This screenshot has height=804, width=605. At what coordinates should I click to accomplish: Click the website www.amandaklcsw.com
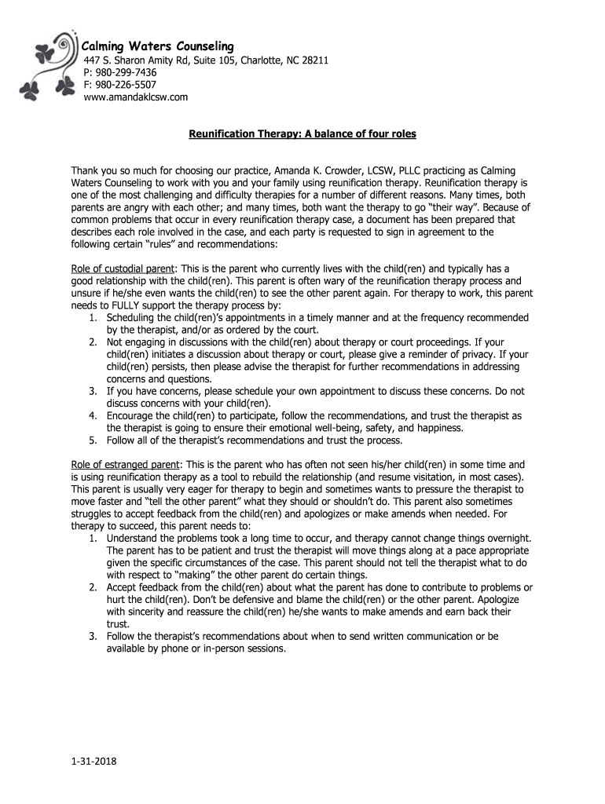click(136, 97)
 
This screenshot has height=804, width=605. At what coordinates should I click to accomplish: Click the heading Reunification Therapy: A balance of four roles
click(302, 134)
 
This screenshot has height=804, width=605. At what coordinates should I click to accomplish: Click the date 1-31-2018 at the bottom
click(92, 761)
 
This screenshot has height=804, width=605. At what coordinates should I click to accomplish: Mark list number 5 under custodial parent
click(92, 439)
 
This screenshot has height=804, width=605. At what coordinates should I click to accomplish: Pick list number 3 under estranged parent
click(92, 635)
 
